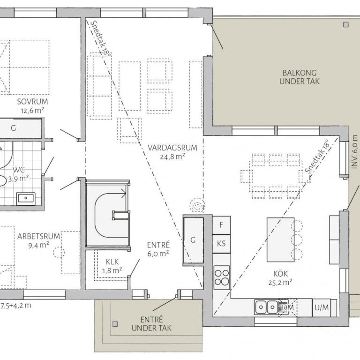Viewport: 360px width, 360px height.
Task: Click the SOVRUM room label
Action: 32,101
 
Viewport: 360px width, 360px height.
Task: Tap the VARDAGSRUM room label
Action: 172,148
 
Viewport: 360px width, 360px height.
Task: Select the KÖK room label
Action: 281,273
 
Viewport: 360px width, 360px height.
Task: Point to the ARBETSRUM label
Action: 38,236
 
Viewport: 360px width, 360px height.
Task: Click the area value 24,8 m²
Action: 172,157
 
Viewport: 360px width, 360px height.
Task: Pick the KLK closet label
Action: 112,262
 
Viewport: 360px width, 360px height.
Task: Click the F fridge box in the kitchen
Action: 221,225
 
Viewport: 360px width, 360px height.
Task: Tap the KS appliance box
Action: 221,244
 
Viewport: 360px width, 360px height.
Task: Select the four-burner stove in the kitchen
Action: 222,277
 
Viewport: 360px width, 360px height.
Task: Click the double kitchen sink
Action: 266,307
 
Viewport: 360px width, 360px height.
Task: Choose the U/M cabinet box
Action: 322,307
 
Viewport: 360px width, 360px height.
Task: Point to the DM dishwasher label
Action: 287,307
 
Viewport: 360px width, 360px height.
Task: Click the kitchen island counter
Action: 281,240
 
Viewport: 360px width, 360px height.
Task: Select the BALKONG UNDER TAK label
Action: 300,77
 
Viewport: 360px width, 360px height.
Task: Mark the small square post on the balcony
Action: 346,24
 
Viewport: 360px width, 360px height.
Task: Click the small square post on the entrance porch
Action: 115,324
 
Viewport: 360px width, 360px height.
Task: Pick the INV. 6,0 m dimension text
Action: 354,152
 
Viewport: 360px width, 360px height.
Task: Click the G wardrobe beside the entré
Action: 193,240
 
